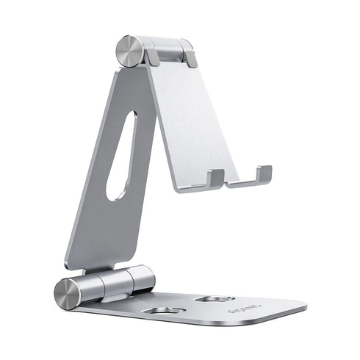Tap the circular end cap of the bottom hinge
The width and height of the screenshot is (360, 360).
click(x=68, y=292)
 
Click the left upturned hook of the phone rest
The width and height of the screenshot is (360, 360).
click(x=215, y=179)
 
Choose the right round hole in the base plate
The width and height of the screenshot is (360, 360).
click(x=216, y=299)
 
